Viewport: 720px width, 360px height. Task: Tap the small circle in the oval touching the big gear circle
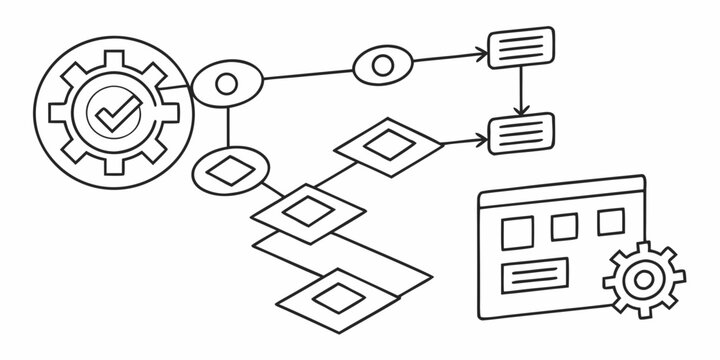[x=227, y=83]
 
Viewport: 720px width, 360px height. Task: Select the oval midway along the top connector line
[x=382, y=66]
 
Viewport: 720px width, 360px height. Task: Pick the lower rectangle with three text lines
[x=520, y=130]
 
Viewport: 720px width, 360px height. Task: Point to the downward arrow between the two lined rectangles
[x=520, y=92]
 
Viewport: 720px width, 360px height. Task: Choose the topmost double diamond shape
[x=387, y=145]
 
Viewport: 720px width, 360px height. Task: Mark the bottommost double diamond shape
[x=338, y=294]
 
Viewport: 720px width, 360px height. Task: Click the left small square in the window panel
[x=519, y=233]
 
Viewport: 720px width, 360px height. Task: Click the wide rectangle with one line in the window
[x=537, y=272]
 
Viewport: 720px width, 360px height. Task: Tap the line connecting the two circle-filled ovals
[x=305, y=74]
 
